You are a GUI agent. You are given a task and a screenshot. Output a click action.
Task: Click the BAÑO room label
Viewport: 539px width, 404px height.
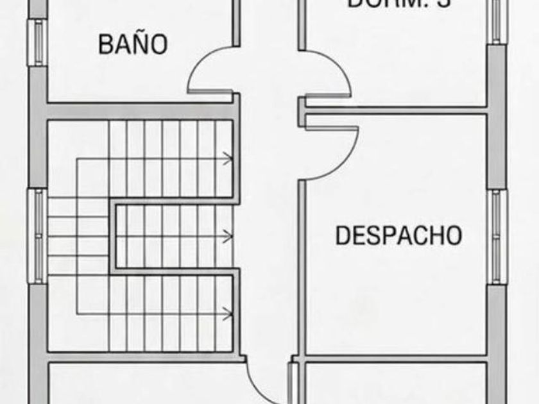133,44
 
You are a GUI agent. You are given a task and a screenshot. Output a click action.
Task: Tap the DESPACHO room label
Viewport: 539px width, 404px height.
398,235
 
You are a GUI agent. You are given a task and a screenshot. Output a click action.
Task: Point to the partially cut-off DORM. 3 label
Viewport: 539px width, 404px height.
398,3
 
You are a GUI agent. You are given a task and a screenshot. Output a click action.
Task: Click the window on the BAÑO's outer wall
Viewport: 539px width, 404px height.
38,42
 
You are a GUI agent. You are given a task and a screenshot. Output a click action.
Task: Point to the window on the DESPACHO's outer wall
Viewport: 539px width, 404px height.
497,236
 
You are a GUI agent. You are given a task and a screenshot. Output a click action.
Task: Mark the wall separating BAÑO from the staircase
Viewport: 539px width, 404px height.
138,106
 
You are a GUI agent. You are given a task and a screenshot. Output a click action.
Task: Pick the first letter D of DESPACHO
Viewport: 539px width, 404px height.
343,235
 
